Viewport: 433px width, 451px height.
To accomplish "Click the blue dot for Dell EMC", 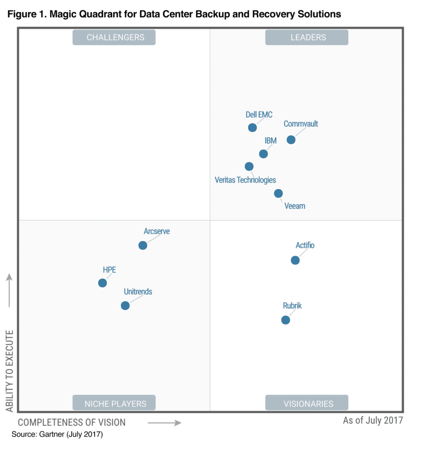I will [252, 128].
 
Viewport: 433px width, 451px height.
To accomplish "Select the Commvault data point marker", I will [291, 140].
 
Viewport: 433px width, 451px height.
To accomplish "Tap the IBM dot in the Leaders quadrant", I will [263, 154].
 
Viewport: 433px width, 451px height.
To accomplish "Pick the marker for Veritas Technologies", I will [249, 166].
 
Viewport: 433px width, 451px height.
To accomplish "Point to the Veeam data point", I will [278, 193].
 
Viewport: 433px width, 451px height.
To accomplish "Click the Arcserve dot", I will [143, 245].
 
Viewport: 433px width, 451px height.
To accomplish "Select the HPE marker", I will [102, 283].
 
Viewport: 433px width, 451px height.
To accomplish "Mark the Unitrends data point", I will [125, 305].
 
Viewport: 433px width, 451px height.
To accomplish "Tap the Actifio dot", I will [295, 260].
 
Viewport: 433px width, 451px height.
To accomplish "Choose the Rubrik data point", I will [286, 320].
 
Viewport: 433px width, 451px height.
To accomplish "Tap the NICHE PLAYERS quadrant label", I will [115, 403].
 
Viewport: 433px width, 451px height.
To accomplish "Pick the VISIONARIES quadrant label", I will [308, 403].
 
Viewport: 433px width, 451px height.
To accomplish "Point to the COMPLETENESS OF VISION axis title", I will [71, 422].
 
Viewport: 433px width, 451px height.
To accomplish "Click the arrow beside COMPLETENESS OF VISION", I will [164, 423].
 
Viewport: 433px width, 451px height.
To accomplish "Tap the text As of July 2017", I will [373, 420].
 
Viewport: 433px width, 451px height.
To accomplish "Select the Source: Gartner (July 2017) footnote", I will [57, 434].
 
